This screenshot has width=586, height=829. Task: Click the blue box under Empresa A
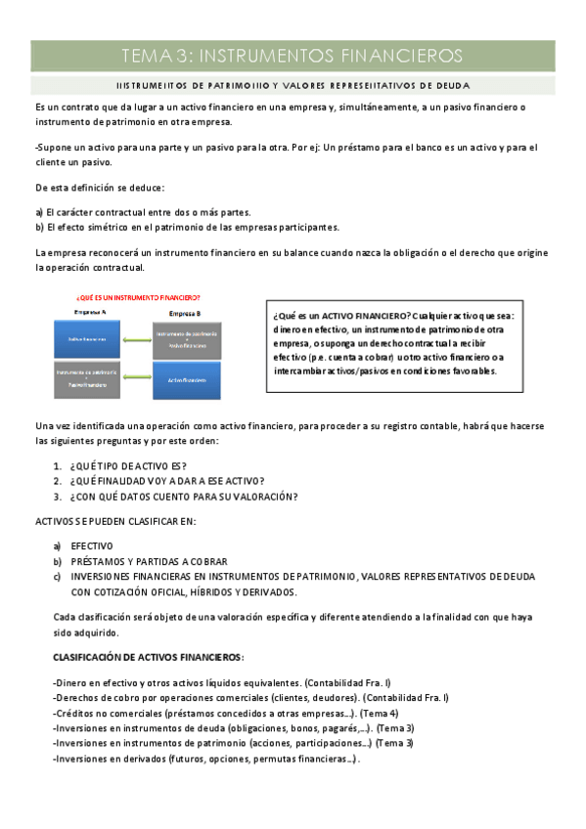pos(85,338)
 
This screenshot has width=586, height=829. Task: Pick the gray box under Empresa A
pos(85,378)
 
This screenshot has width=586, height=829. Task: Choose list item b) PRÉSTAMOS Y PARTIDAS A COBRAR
pos(149,561)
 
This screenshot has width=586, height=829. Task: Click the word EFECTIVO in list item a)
pos(92,545)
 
